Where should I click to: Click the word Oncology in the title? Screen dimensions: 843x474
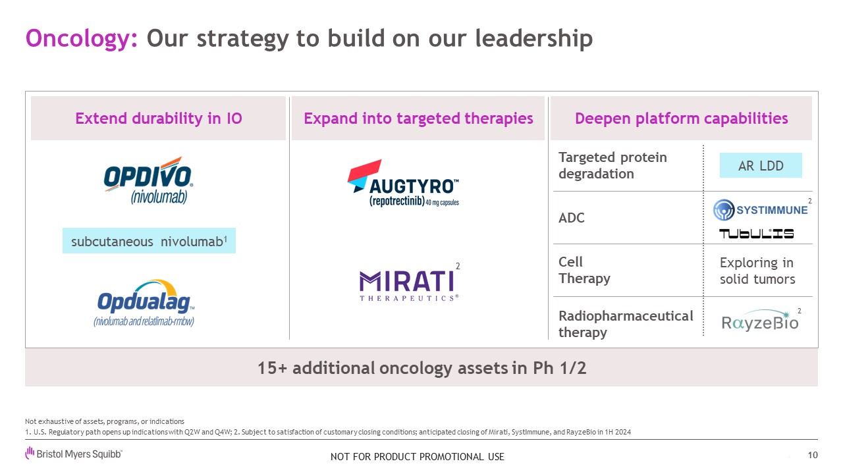click(81, 39)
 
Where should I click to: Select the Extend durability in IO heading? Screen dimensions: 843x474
click(159, 118)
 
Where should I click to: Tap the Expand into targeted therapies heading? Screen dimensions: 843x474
click(418, 118)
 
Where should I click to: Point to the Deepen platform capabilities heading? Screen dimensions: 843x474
click(681, 118)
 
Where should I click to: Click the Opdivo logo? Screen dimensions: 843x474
click(148, 180)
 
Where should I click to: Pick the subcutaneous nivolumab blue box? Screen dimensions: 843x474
click(149, 241)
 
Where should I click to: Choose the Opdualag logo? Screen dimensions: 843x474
click(145, 303)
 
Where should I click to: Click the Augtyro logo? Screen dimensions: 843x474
click(403, 183)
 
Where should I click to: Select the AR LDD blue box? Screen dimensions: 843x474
click(761, 165)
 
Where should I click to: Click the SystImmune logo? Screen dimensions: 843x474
click(761, 209)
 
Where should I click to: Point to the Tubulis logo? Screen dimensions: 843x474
click(757, 234)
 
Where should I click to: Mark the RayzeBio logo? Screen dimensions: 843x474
click(760, 321)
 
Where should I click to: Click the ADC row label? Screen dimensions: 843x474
click(571, 218)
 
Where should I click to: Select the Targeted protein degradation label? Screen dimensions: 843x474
click(612, 165)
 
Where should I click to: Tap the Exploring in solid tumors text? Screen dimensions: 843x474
click(757, 271)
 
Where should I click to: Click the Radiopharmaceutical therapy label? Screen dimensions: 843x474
click(626, 324)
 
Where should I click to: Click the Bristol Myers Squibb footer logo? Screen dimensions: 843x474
click(74, 454)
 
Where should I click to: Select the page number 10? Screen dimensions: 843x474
click(813, 455)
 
